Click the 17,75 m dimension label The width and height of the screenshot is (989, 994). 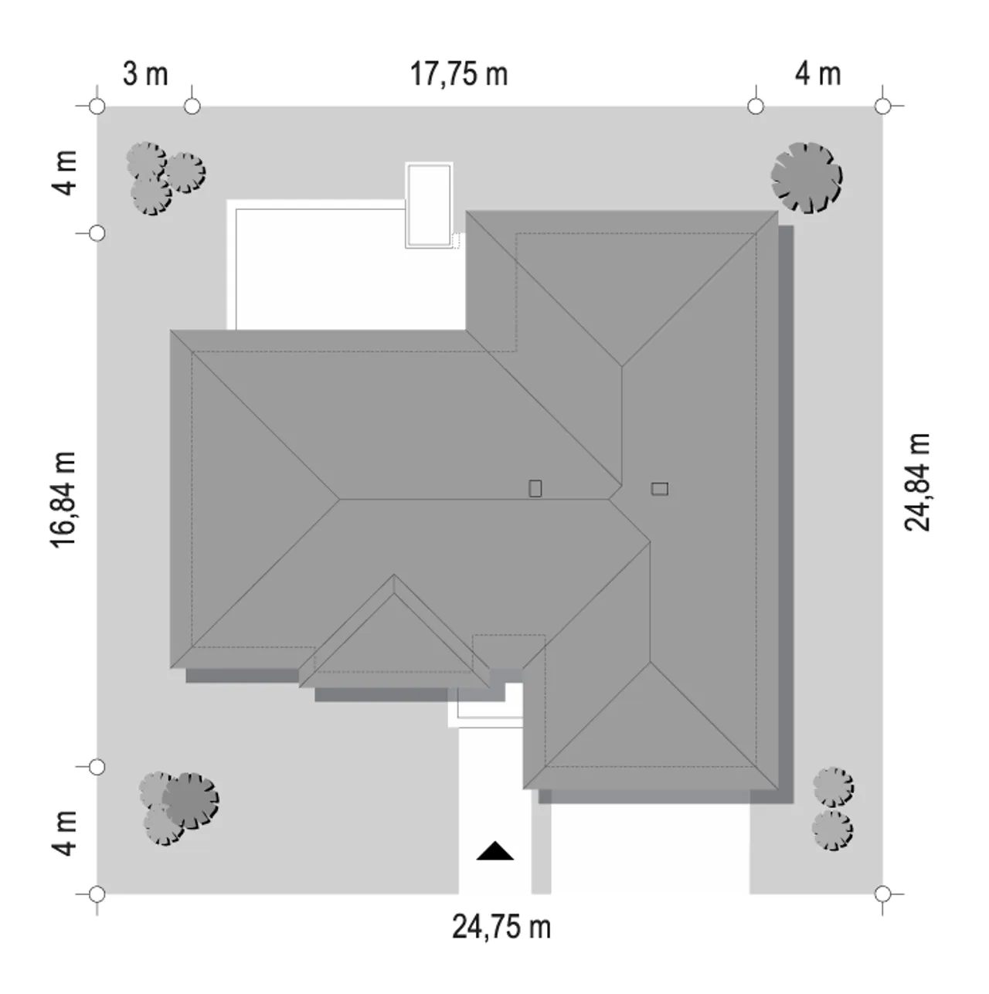point(459,74)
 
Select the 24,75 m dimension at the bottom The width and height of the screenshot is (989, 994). point(501,927)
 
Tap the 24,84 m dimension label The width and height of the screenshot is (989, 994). point(917,482)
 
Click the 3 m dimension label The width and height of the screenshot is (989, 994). point(145,74)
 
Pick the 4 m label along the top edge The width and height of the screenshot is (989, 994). point(817,74)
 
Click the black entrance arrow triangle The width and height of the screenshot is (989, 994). point(494,851)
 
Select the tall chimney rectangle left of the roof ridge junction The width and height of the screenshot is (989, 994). point(535,488)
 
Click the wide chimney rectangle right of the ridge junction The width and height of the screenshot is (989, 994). point(660,488)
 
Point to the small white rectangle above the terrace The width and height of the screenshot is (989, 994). point(429,205)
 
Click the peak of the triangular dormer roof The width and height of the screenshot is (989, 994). point(394,575)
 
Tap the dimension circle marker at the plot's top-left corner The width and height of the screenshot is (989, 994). point(97,107)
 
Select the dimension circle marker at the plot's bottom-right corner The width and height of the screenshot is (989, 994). point(882,894)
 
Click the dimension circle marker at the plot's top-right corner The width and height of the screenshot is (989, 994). point(882,107)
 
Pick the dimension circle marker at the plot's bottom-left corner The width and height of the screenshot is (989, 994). point(97,894)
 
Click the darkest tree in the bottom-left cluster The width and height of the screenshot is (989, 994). point(191,801)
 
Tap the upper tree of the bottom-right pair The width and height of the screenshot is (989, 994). point(833,787)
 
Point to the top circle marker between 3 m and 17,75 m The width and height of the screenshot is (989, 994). point(192,107)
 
